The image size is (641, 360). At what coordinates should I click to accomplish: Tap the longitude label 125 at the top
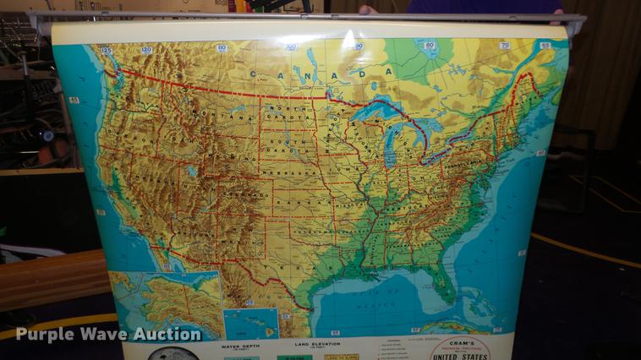[107, 51]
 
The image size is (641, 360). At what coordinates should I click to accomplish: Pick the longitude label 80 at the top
[430, 46]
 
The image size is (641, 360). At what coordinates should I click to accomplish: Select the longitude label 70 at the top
[545, 46]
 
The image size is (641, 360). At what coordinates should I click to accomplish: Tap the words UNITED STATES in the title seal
[461, 356]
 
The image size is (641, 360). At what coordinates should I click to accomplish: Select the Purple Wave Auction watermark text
[108, 335]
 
